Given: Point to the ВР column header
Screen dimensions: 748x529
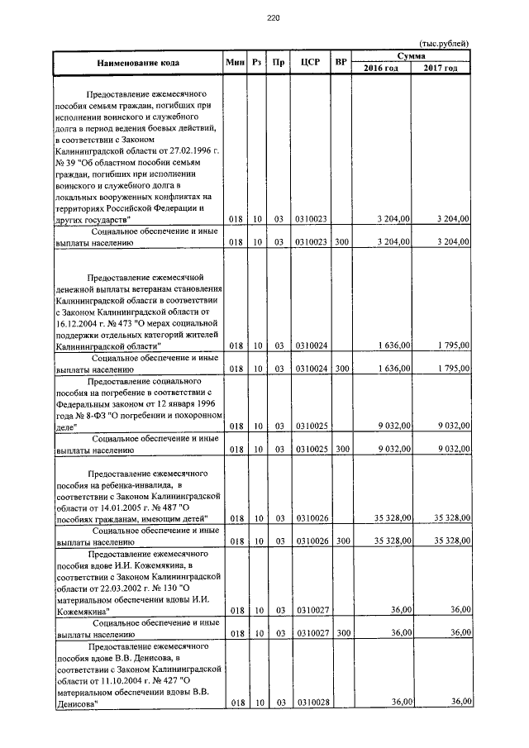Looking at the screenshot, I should [x=341, y=62].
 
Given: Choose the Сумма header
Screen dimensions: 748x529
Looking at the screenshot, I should [x=411, y=55].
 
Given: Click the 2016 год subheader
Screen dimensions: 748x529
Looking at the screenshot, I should [x=381, y=68].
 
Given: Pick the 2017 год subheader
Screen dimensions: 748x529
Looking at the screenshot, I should [x=441, y=68].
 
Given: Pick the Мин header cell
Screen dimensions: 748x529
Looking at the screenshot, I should [x=234, y=62].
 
